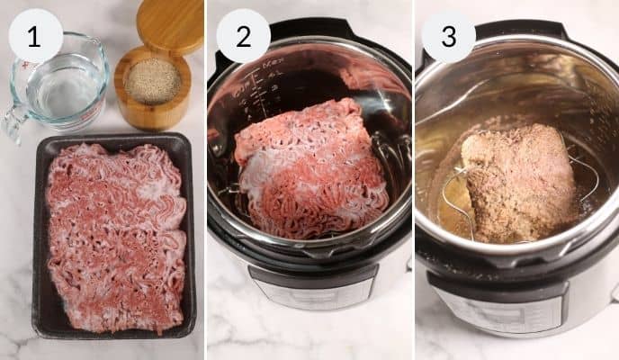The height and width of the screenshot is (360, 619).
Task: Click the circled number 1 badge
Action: (x=35, y=36)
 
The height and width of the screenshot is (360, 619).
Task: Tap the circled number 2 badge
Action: (x=243, y=36)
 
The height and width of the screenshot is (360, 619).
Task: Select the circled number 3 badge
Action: (x=448, y=37)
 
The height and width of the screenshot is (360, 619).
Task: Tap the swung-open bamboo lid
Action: (x=170, y=25)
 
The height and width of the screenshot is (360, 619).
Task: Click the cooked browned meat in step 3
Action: (x=517, y=180)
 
